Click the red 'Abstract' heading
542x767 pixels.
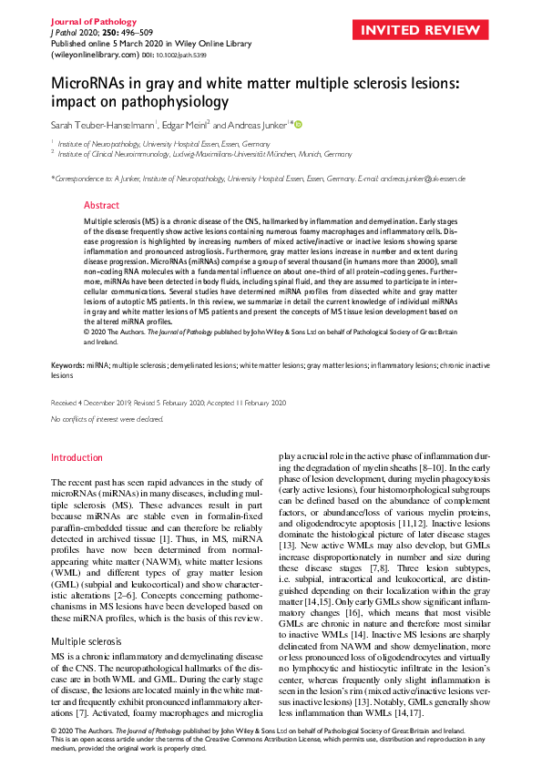(101, 206)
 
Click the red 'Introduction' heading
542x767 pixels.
(77, 457)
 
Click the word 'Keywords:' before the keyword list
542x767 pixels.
(66, 364)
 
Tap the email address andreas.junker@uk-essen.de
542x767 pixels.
(423, 179)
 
